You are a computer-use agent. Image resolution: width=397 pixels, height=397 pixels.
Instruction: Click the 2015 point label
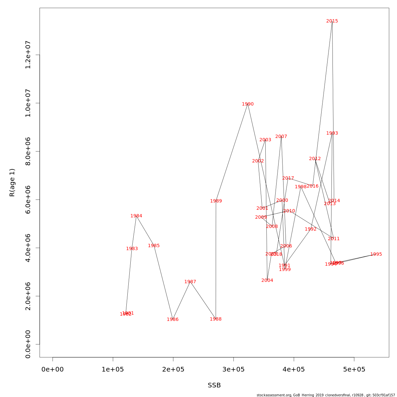pyautogui.click(x=332, y=21)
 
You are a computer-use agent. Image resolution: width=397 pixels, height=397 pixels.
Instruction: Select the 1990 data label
pyautogui.click(x=248, y=104)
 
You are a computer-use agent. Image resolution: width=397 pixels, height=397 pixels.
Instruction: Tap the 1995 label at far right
pyautogui.click(x=376, y=254)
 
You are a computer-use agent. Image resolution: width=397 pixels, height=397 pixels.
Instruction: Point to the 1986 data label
pyautogui.click(x=173, y=320)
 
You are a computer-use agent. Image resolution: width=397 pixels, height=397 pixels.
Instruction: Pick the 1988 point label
pyautogui.click(x=216, y=319)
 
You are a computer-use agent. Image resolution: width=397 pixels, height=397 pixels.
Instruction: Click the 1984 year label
pyautogui.click(x=136, y=216)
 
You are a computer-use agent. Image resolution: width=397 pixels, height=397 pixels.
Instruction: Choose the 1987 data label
pyautogui.click(x=190, y=282)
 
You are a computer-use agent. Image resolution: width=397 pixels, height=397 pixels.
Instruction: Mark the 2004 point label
pyautogui.click(x=267, y=281)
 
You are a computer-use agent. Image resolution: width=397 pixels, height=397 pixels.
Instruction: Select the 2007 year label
pyautogui.click(x=281, y=137)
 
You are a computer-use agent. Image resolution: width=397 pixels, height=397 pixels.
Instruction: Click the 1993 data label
pyautogui.click(x=332, y=133)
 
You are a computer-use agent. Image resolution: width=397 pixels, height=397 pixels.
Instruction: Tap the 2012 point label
pyautogui.click(x=315, y=159)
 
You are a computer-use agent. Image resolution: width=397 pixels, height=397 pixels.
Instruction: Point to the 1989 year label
pyautogui.click(x=216, y=201)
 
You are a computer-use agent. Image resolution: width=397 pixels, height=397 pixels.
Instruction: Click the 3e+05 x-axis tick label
pyautogui.click(x=234, y=369)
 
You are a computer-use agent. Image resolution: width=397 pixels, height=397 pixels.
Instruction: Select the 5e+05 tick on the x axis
pyautogui.click(x=354, y=369)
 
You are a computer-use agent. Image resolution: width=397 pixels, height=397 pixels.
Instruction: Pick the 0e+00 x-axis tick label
pyautogui.click(x=53, y=369)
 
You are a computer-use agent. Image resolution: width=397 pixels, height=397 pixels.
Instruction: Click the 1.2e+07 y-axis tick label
pyautogui.click(x=28, y=55)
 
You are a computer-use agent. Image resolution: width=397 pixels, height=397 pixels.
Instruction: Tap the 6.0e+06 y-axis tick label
pyautogui.click(x=28, y=200)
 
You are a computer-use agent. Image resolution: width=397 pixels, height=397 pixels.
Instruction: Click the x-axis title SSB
pyautogui.click(x=214, y=385)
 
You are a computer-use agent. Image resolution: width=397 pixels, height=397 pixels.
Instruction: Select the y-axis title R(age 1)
pyautogui.click(x=12, y=183)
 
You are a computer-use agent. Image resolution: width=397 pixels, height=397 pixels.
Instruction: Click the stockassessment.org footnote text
pyautogui.click(x=326, y=395)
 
